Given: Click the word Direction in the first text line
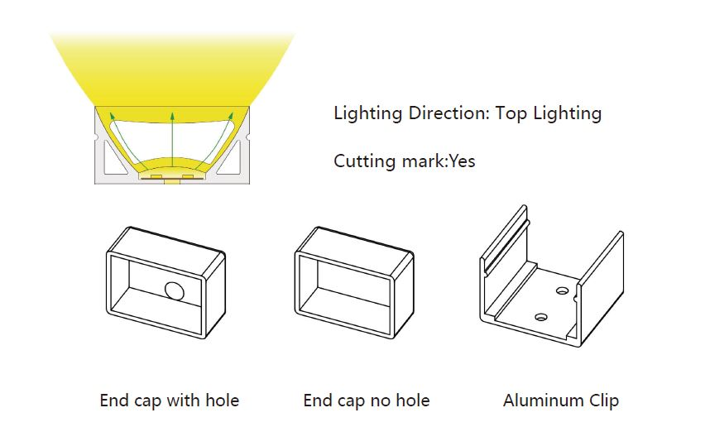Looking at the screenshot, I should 444,113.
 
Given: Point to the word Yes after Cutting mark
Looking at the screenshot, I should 462,161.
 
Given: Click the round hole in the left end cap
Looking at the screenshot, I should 175,291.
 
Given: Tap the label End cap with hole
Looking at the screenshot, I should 170,401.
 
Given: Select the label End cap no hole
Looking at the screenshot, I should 367,401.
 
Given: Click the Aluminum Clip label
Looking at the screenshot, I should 561,401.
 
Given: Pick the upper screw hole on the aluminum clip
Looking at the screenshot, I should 562,291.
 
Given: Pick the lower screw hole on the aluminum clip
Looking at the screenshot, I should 540,315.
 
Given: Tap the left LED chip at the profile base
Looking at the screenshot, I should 156,176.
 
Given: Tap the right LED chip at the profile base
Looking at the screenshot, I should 189,176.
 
